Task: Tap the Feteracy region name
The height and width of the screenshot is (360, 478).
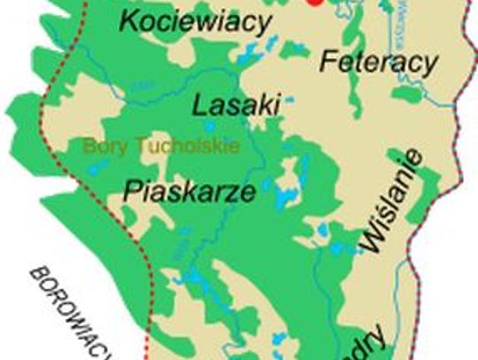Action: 378,62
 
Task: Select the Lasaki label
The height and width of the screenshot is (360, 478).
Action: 236,106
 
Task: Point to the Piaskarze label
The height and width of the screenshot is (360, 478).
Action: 189,189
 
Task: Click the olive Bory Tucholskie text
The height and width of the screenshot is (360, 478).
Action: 162,145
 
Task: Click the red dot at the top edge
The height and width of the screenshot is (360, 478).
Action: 312,3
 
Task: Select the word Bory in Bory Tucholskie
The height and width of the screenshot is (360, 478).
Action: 104,145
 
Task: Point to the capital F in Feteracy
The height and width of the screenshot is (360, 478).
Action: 327,62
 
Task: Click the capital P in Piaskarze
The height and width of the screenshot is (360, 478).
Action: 133,189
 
